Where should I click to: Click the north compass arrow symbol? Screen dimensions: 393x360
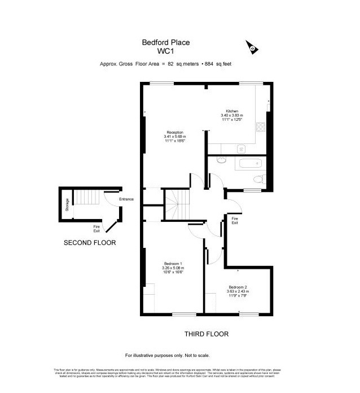[250, 47]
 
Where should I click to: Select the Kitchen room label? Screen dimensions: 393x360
[232, 111]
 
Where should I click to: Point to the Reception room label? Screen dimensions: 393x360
[174, 132]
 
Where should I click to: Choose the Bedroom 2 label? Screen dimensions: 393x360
[239, 287]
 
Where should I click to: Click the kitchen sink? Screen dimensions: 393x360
[242, 149]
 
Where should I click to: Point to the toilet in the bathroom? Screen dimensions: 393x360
[258, 180]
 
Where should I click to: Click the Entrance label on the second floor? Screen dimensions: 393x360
[126, 199]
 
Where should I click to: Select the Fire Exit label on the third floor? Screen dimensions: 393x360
[235, 220]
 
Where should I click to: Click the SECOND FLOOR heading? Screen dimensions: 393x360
[90, 243]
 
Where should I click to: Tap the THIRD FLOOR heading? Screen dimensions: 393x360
[207, 334]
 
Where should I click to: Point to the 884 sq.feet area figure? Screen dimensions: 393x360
[220, 64]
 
